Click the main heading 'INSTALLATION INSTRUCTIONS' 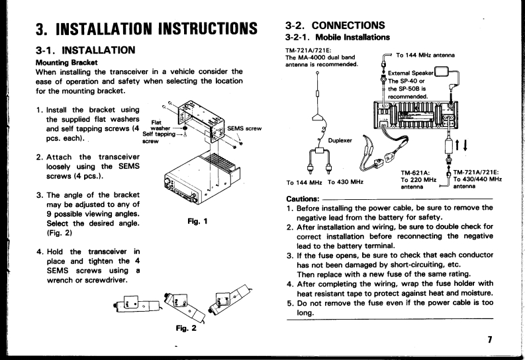pyautogui.click(x=156, y=28)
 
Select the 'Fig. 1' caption pyautogui.click(x=197, y=221)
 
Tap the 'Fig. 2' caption pyautogui.click(x=186, y=328)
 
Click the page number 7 pyautogui.click(x=490, y=339)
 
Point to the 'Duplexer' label pyautogui.click(x=340, y=140)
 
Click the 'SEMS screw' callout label pyautogui.click(x=244, y=128)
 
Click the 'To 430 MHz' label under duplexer pyautogui.click(x=346, y=182)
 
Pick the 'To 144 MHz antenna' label pyautogui.click(x=425, y=55)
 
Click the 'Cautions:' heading pyautogui.click(x=303, y=199)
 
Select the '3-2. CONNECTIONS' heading pyautogui.click(x=335, y=25)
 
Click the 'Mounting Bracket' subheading pyautogui.click(x=67, y=63)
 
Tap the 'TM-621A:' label pyautogui.click(x=415, y=173)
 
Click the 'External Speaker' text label pyautogui.click(x=410, y=73)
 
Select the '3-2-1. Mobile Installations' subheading pyautogui.click(x=338, y=37)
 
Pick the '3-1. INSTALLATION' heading pyautogui.click(x=85, y=50)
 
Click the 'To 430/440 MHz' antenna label pyautogui.click(x=477, y=179)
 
